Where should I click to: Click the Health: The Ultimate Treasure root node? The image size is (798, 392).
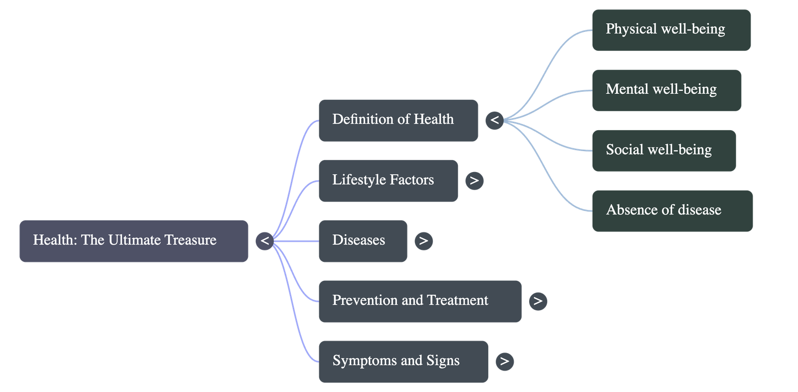(x=134, y=241)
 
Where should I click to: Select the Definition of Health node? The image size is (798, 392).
(x=398, y=120)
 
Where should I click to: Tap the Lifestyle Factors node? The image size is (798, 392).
(x=388, y=181)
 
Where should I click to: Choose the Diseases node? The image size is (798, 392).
(x=363, y=241)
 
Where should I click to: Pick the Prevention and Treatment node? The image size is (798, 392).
(x=419, y=301)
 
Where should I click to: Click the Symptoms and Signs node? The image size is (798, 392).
(x=403, y=362)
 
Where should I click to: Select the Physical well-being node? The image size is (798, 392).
(x=671, y=30)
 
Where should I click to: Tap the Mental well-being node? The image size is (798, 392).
(x=666, y=90)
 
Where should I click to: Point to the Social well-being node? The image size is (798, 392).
(x=663, y=151)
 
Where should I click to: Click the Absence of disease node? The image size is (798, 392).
(x=672, y=211)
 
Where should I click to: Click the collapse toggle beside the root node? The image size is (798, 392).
(x=265, y=241)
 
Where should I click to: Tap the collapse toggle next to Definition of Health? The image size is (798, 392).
(x=494, y=120)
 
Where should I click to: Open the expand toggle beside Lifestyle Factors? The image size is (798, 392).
(x=474, y=181)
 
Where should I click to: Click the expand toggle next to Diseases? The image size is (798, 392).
(x=423, y=241)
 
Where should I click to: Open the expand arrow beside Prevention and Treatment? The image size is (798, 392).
(x=538, y=301)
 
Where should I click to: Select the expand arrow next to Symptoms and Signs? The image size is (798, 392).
(x=504, y=362)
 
